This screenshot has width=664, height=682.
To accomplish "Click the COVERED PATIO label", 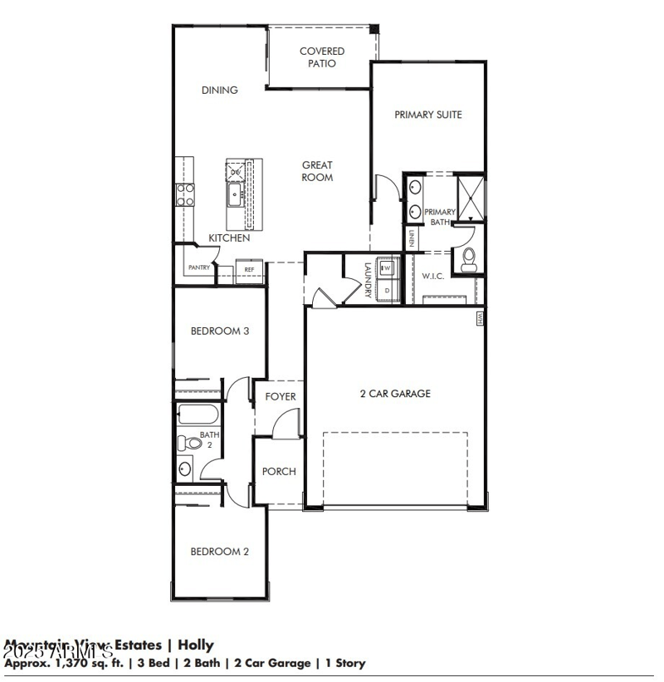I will tap(322, 57).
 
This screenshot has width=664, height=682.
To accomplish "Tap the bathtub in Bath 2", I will tap(198, 415).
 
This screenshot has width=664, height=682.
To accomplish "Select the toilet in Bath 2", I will tap(190, 444).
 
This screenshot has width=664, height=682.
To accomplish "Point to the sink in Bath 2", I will tap(184, 469).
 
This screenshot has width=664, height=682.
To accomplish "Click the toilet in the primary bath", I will tap(469, 259).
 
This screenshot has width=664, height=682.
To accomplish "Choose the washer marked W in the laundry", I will tap(386, 268).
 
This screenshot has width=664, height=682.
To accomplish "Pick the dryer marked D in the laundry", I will tap(386, 290).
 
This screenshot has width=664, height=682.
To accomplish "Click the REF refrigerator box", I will tap(249, 270).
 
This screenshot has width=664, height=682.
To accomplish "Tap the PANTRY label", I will tap(199, 267).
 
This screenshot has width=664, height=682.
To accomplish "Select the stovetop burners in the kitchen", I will tap(184, 194).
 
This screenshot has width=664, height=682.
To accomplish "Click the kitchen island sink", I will tap(235, 198).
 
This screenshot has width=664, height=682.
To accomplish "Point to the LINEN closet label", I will tap(411, 238).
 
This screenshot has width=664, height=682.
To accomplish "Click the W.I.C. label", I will tap(433, 276).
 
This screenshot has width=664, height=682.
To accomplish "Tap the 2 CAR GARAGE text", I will tap(395, 394).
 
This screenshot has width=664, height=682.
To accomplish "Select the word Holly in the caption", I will tap(196, 645).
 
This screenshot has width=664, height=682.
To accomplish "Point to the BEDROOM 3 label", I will tap(220, 331).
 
